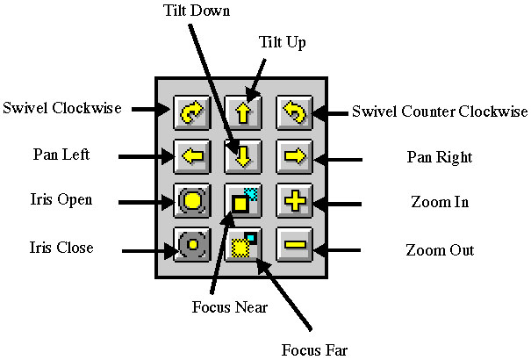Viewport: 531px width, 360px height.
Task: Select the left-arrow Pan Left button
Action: tap(191, 156)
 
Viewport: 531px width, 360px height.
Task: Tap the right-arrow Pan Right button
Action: tap(292, 156)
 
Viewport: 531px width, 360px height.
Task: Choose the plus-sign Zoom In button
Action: tap(292, 201)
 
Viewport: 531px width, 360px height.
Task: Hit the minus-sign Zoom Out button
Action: tap(292, 244)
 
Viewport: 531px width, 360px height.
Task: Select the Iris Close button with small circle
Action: tap(191, 244)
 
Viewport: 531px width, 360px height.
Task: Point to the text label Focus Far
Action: tap(314, 350)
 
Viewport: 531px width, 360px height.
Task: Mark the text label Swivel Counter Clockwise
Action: tap(439, 112)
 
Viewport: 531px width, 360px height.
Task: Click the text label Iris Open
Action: tap(60, 199)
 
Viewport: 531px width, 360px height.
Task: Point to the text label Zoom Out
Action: tap(440, 250)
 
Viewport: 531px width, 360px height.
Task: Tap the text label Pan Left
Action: tap(60, 155)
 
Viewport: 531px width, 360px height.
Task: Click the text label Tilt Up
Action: tap(282, 42)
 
